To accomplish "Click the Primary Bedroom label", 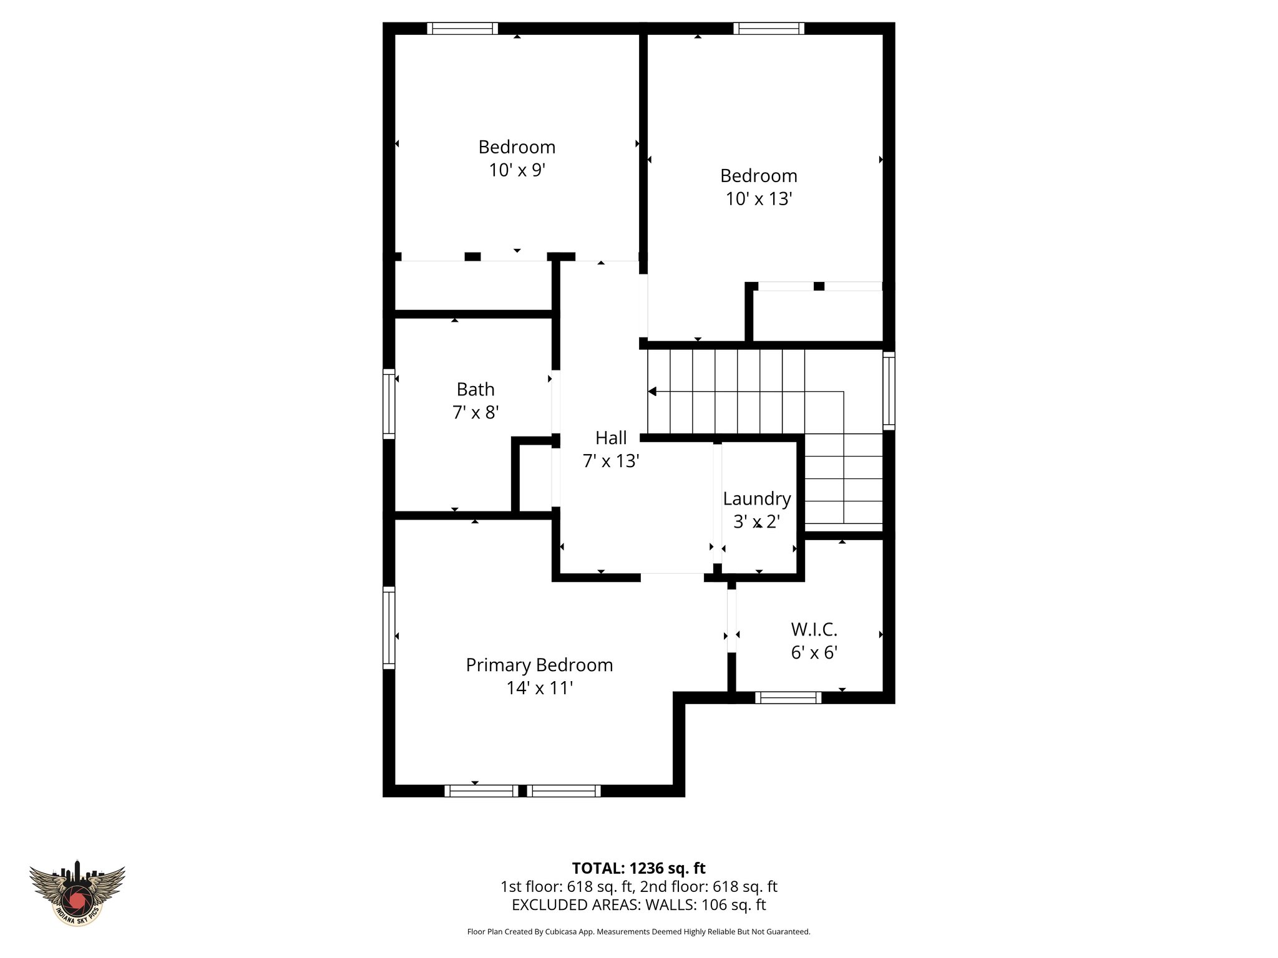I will click(539, 665).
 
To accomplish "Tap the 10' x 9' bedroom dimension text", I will click(517, 170).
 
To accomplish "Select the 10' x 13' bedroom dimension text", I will click(759, 198).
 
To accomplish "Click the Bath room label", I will click(476, 389).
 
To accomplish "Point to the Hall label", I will click(611, 438).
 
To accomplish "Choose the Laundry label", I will click(757, 498).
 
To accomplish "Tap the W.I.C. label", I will click(814, 629).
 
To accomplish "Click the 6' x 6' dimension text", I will click(814, 652).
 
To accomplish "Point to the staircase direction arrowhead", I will click(652, 392).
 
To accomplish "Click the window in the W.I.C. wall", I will click(788, 697).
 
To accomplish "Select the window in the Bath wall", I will click(389, 404).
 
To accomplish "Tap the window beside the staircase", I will click(889, 390).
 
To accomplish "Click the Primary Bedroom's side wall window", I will click(389, 627).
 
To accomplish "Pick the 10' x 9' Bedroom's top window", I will click(462, 28).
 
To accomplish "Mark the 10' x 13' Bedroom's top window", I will click(768, 28).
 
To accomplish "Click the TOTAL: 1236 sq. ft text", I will click(638, 868).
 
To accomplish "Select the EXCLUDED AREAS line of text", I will click(638, 904).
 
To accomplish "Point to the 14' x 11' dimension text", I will click(539, 688).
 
